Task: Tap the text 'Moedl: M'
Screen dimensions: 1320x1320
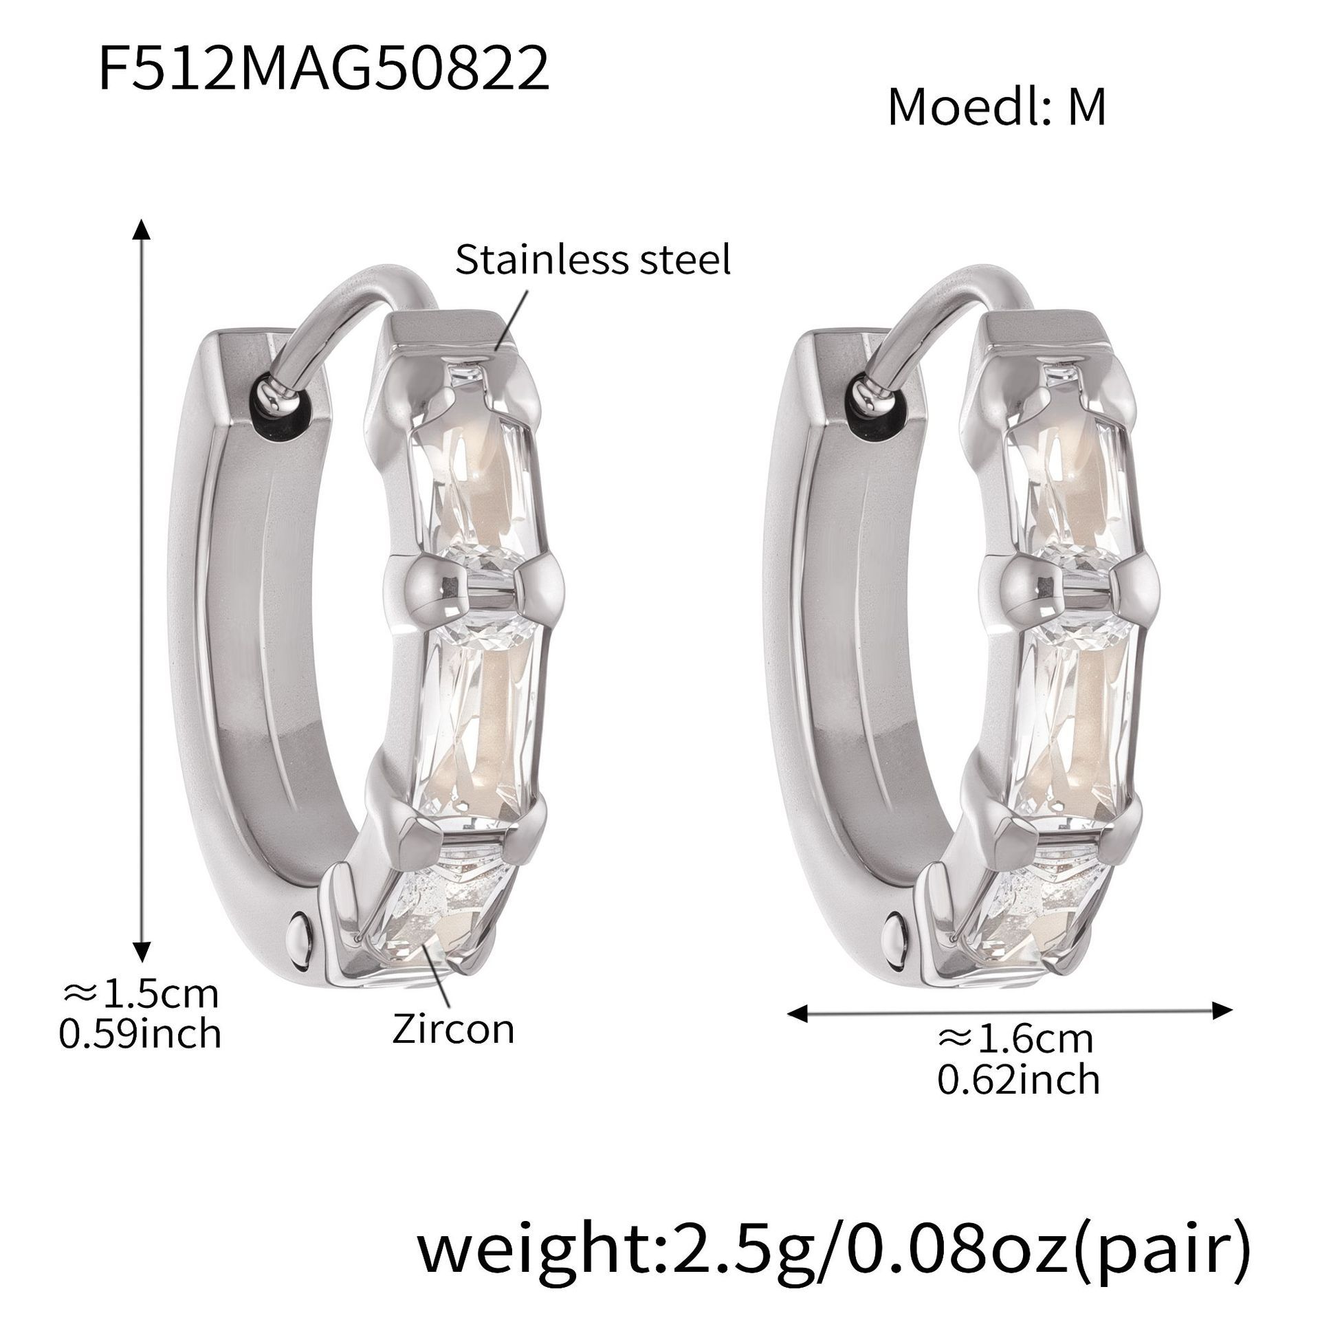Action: [x=997, y=108]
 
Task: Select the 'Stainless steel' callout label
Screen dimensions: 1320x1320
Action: [x=593, y=261]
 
